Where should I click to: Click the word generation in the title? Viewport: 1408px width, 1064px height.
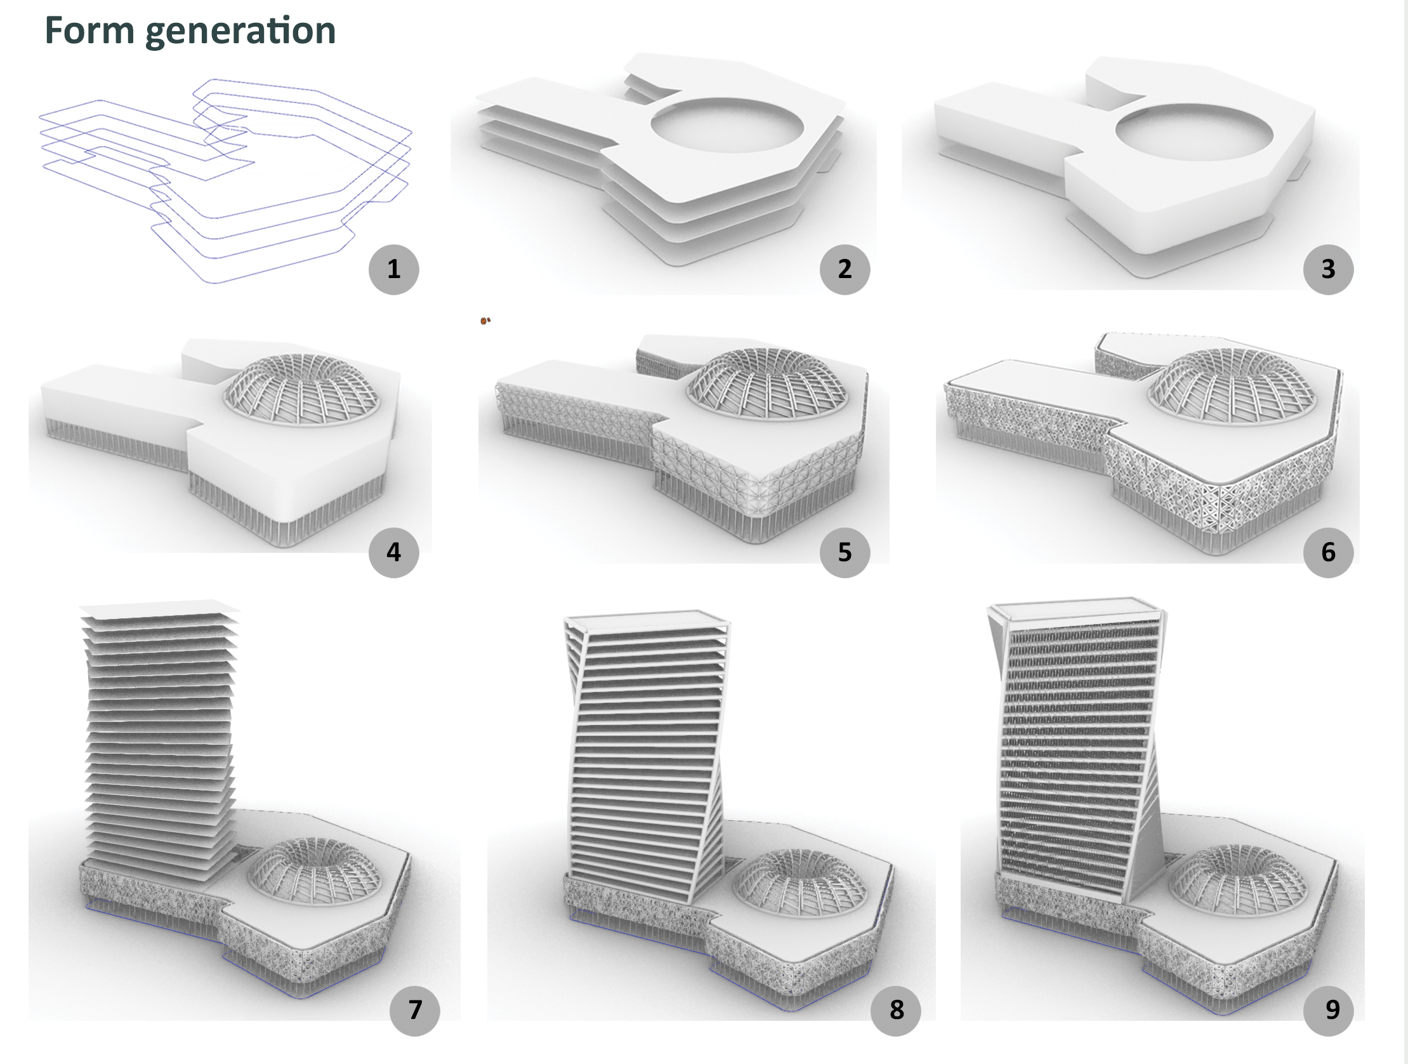pos(240,32)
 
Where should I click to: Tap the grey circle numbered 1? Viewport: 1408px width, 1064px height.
pos(393,269)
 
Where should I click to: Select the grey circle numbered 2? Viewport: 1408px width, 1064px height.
pos(844,269)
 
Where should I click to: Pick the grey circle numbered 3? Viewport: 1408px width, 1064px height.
pos(1328,269)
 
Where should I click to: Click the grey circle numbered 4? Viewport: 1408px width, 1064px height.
pos(393,552)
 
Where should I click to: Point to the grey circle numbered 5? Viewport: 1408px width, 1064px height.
pos(844,552)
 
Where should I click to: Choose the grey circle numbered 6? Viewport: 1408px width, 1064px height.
pos(1328,552)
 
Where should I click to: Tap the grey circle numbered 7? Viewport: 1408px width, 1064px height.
pos(414,1010)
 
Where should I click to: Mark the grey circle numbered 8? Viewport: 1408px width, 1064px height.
pos(895,1010)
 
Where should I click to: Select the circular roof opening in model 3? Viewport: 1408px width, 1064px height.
pos(1194,132)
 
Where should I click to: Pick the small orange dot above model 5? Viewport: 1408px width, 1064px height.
pos(485,321)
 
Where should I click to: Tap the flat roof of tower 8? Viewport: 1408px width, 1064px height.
pos(646,616)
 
